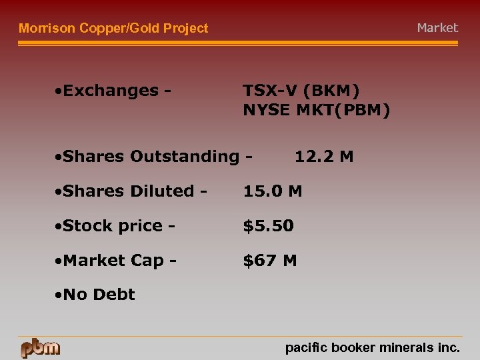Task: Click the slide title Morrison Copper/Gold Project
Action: click(x=113, y=28)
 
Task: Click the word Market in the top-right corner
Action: click(x=437, y=28)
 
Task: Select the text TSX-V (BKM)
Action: click(x=301, y=90)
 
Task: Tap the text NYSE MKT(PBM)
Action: click(x=317, y=110)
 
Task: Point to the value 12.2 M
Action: click(x=324, y=157)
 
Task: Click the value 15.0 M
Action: click(x=272, y=191)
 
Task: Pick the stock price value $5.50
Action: click(x=268, y=226)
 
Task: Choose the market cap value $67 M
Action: click(x=270, y=261)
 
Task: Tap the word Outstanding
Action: click(x=184, y=157)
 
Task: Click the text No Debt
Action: click(x=99, y=295)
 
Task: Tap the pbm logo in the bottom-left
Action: click(x=40, y=347)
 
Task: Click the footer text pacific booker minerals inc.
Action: click(x=372, y=347)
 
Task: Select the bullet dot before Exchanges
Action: click(x=59, y=91)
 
